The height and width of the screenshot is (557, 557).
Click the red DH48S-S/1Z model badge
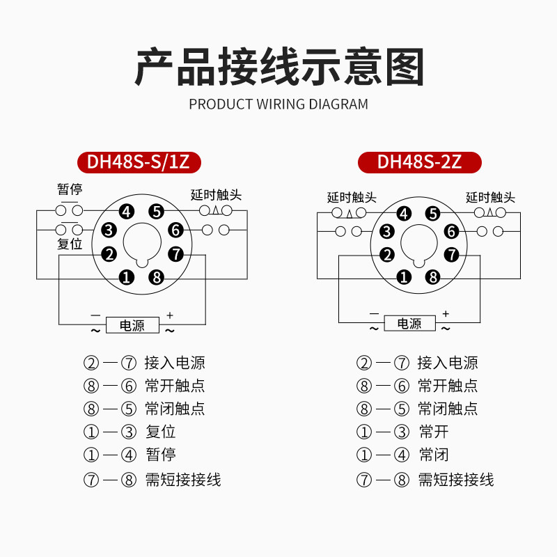point(143,162)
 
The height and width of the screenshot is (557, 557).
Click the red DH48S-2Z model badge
point(419,162)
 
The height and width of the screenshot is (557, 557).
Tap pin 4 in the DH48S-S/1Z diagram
point(126,212)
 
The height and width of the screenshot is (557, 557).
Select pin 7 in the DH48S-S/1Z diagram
point(175,254)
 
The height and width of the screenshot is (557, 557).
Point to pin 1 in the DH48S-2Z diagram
point(403,277)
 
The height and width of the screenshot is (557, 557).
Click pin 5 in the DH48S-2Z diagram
point(433,214)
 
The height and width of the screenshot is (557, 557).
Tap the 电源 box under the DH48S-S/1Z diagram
point(132,325)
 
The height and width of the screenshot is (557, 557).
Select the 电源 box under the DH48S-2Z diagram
point(409,324)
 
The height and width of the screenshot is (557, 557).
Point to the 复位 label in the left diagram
point(70,244)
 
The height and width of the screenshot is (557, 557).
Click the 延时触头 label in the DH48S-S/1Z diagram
point(215,195)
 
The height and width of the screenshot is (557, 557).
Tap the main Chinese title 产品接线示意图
point(278,67)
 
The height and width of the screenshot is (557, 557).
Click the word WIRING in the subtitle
point(281,104)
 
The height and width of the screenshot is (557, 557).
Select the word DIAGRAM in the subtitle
point(338,104)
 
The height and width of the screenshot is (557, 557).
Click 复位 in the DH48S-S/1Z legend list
point(160,432)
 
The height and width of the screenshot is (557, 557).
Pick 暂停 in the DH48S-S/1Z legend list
point(160,455)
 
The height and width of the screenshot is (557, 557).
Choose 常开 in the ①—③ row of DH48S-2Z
point(433,432)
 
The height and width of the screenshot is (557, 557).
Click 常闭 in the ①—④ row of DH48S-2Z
point(433,455)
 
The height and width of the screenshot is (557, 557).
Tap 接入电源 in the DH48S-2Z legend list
point(448,363)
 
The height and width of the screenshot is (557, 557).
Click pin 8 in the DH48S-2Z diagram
point(433,277)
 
